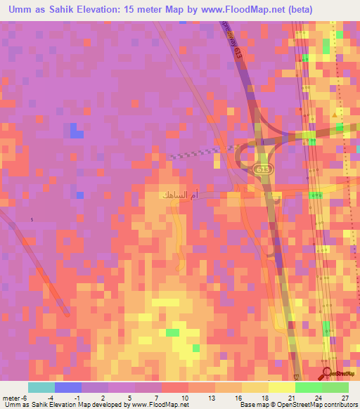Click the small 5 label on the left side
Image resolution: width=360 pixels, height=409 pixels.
tap(32, 220)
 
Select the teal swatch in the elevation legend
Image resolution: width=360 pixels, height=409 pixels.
tap(41, 387)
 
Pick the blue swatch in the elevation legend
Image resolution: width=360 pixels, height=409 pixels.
tap(67, 387)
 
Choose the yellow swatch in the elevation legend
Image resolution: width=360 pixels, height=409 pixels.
tap(281, 387)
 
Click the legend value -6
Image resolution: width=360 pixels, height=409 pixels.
tap(24, 397)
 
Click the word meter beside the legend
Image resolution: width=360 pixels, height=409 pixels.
tap(11, 397)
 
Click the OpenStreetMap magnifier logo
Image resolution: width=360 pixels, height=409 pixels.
tap(328, 372)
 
